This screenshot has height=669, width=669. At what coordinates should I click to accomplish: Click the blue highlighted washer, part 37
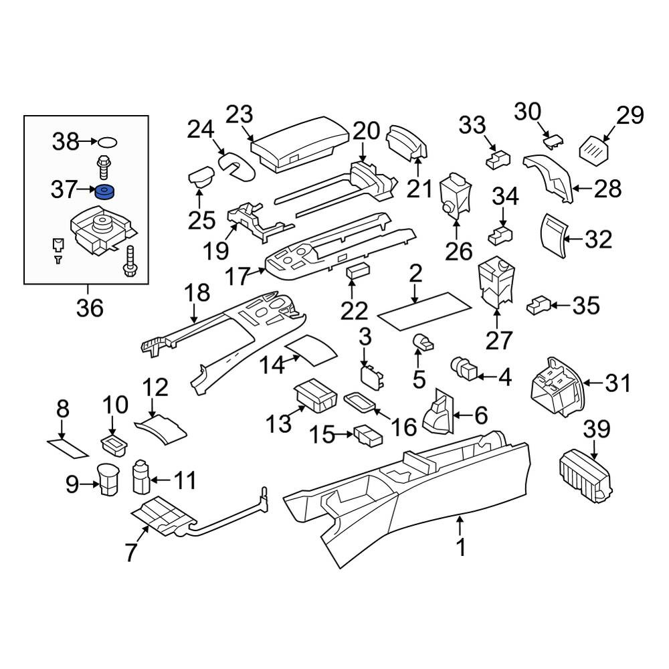click(x=105, y=193)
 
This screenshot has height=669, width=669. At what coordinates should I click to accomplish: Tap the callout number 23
click(x=240, y=114)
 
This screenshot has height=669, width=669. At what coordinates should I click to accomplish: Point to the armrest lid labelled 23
click(x=299, y=145)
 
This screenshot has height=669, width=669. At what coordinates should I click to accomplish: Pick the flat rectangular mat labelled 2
click(x=424, y=310)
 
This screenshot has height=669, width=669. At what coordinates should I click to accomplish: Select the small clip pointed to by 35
click(x=539, y=305)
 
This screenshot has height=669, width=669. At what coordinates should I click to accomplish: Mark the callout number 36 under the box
click(x=90, y=308)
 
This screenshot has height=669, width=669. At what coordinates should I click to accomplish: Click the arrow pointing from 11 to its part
click(x=161, y=480)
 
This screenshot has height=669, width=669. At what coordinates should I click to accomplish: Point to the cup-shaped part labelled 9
click(x=108, y=480)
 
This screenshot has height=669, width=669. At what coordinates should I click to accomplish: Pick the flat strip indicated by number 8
click(x=68, y=448)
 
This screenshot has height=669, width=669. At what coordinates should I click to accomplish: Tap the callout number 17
click(x=237, y=276)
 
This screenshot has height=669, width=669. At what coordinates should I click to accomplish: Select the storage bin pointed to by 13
click(x=315, y=395)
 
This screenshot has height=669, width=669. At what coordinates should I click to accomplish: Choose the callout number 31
click(x=617, y=383)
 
